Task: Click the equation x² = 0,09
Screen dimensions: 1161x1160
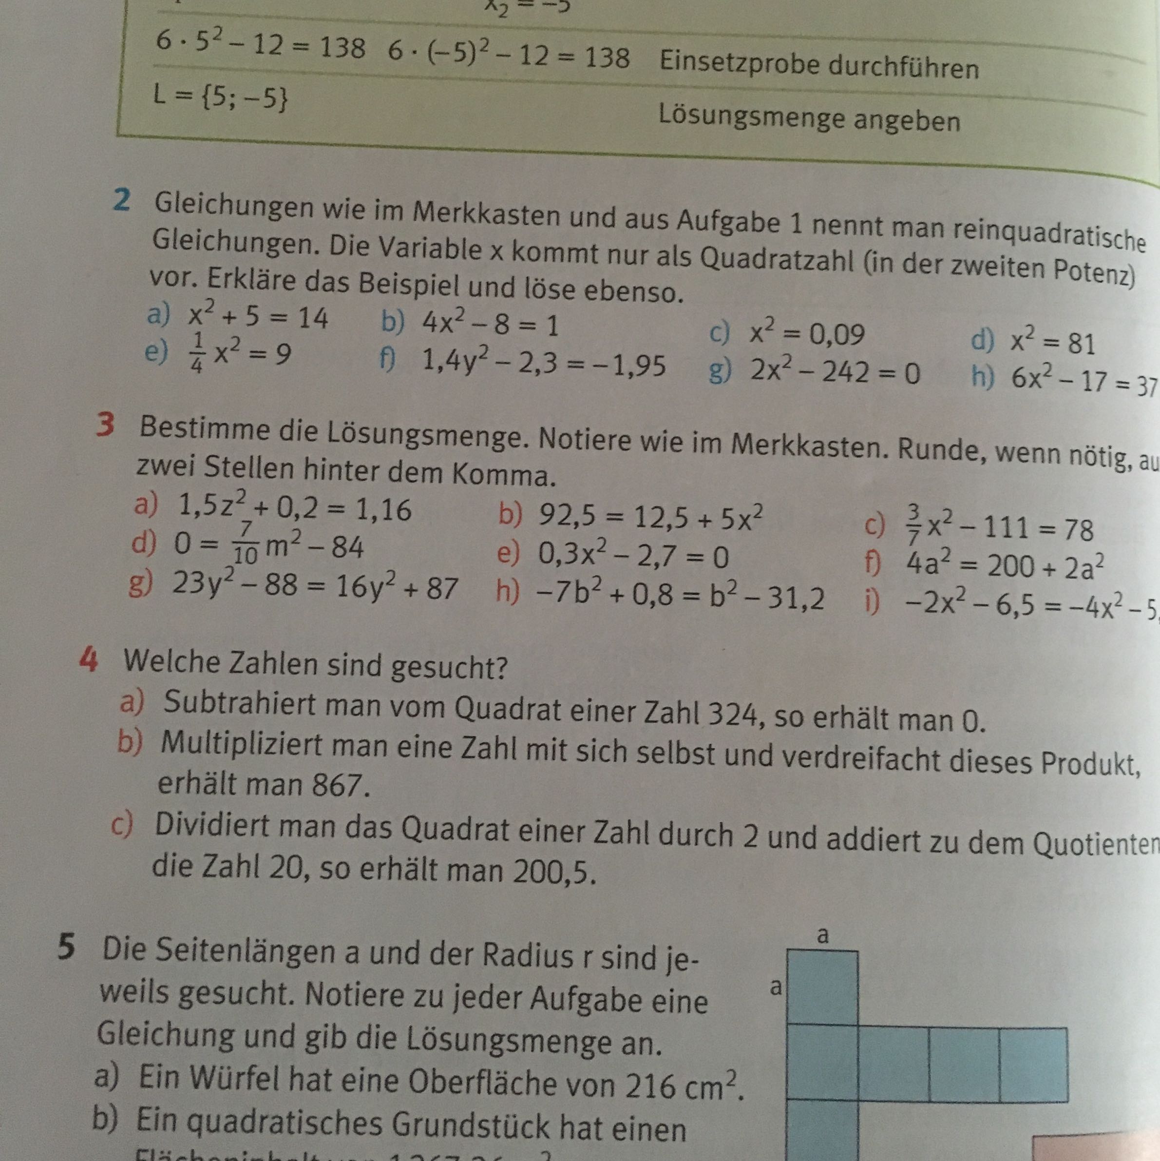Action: tap(807, 335)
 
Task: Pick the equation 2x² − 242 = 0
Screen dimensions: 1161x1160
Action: tap(835, 374)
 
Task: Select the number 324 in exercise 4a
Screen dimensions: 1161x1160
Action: tap(732, 715)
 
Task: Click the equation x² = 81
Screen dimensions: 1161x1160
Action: tap(1052, 343)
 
